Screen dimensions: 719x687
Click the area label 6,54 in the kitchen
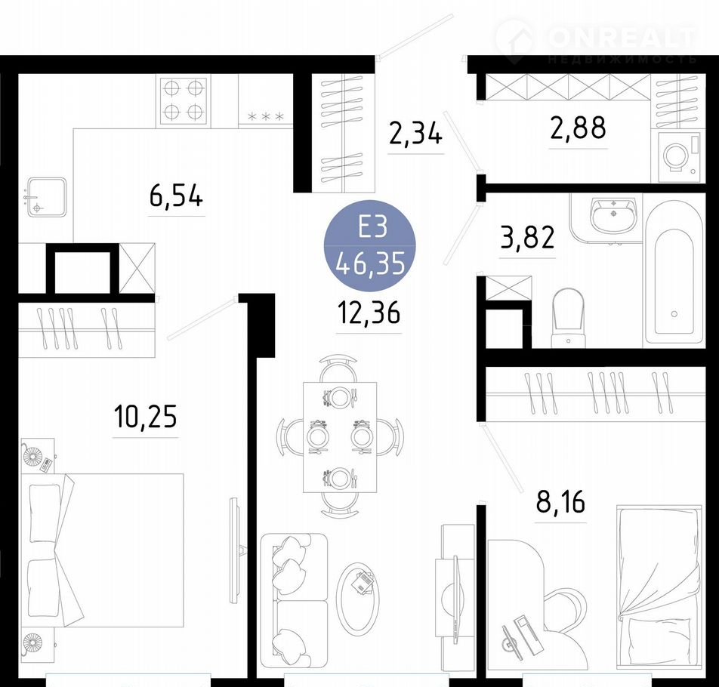tap(176, 198)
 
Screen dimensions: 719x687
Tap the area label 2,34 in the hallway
tap(415, 134)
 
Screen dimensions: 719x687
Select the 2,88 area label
tap(578, 128)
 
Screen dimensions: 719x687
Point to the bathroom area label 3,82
tap(527, 238)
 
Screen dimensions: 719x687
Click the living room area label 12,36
tap(369, 314)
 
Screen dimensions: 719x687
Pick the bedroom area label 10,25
tap(145, 417)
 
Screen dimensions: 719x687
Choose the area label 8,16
tap(560, 503)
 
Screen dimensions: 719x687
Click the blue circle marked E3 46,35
tap(370, 246)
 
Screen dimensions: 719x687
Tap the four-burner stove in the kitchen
tap(184, 101)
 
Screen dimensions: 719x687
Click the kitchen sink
tap(46, 198)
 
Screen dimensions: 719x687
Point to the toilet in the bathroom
tap(568, 317)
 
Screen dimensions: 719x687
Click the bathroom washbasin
tap(613, 214)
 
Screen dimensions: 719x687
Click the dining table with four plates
tap(340, 437)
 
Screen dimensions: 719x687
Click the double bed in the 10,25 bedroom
tap(103, 550)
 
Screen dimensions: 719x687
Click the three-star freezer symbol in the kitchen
tap(266, 117)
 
